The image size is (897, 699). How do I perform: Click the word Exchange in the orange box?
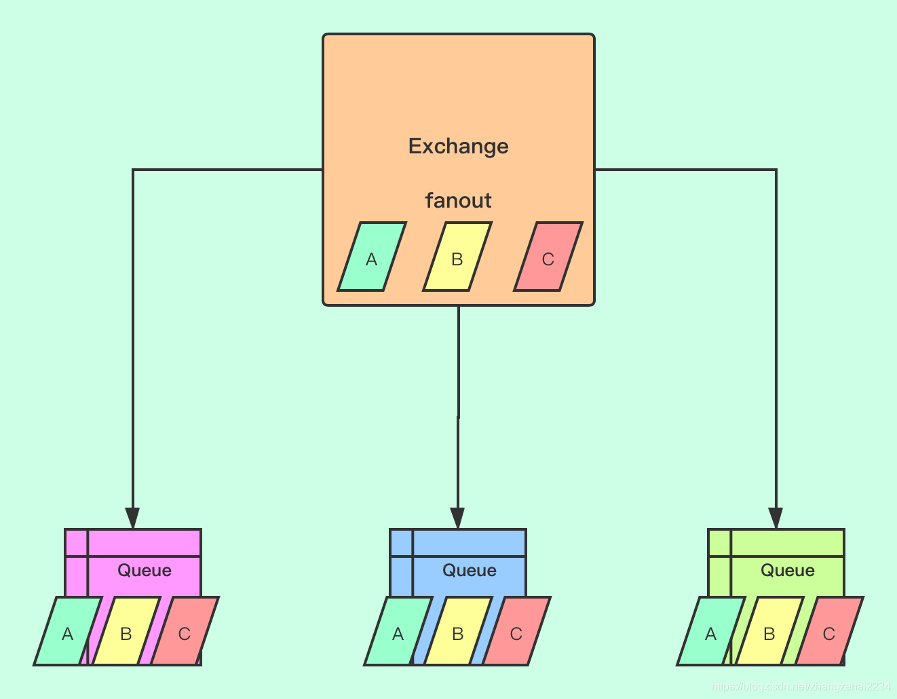pos(458,147)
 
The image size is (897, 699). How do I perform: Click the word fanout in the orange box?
pos(458,201)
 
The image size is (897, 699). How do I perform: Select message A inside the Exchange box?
pos(371,257)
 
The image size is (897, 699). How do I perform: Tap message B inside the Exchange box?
pos(457,257)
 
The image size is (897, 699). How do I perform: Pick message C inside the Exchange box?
pos(548,257)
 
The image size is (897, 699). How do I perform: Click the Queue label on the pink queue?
pos(145,570)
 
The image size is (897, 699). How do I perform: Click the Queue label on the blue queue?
pos(470,570)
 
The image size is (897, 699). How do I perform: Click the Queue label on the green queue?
pos(788,570)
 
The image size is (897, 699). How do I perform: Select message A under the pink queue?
pos(67,632)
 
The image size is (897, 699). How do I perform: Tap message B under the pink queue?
pos(126,632)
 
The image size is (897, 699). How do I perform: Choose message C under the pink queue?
pos(184,632)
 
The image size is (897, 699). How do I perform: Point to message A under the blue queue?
pos(398,632)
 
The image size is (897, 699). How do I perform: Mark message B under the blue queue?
pos(457,632)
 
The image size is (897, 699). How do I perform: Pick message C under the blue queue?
pos(516,632)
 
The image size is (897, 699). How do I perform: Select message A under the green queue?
pos(710,632)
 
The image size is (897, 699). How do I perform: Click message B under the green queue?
pos(769,632)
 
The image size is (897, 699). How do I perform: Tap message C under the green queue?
pos(828,632)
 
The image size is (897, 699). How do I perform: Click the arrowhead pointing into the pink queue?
pos(133,518)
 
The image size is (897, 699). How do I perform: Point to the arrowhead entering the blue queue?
pos(458,518)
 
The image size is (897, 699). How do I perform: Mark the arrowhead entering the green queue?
pos(776,518)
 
